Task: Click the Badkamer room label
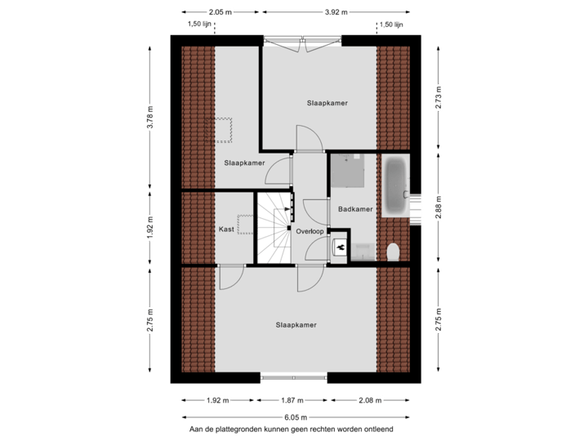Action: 355,209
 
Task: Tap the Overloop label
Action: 310,231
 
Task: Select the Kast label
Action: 227,229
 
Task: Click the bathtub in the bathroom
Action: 396,187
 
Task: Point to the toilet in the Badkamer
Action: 393,251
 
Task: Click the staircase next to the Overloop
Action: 274,229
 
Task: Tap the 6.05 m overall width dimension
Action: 296,416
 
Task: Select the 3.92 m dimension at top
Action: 337,12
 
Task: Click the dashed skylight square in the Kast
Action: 245,223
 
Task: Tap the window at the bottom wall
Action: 294,377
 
